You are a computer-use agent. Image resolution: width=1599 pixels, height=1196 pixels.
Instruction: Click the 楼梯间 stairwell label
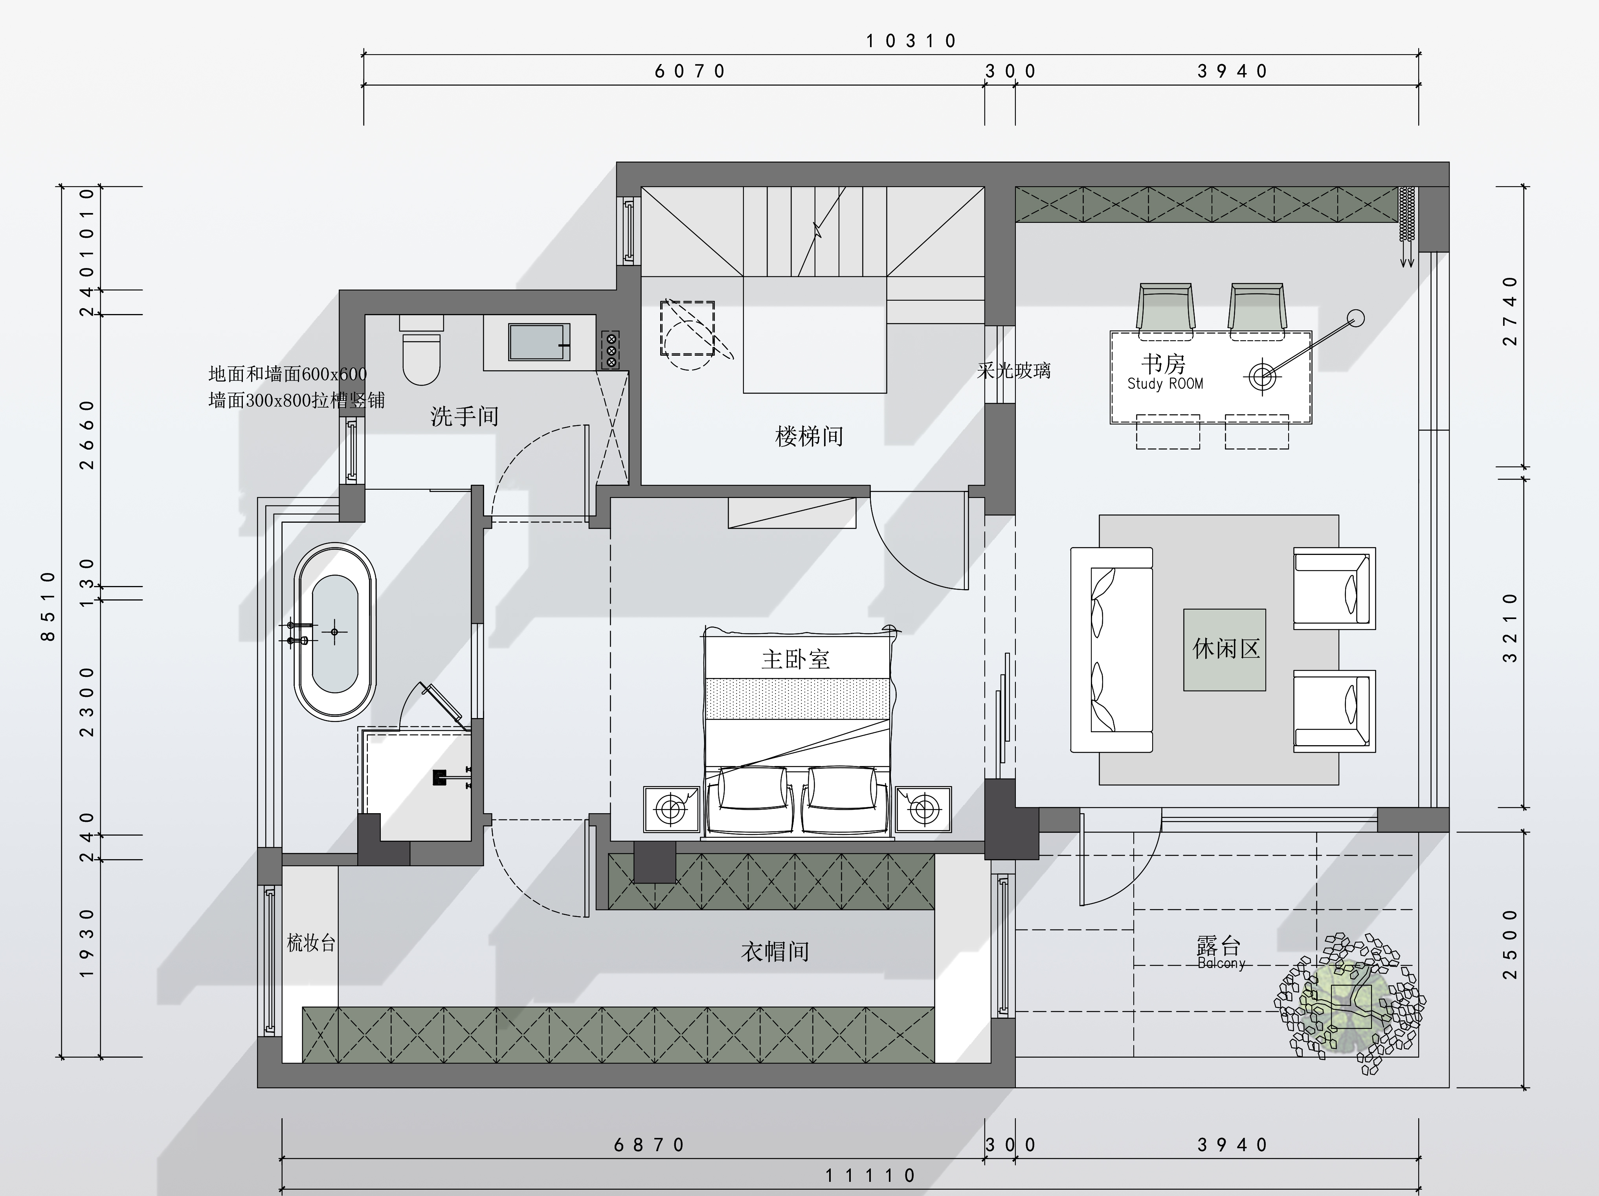[x=809, y=436]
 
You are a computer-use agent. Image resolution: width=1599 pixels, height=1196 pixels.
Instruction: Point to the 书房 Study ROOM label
[x=1164, y=372]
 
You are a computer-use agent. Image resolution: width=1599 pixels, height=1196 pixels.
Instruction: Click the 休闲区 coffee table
[x=1224, y=649]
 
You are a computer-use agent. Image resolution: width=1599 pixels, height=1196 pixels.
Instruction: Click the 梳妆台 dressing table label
[x=311, y=943]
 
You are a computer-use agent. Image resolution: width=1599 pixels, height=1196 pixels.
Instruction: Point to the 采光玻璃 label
[x=1013, y=371]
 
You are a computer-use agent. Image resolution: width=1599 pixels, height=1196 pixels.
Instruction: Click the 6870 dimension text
[x=649, y=1145]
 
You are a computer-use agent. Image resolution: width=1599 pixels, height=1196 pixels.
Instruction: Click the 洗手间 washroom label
[x=465, y=417]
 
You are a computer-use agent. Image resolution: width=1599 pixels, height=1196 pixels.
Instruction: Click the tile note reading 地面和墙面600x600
[x=288, y=374]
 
